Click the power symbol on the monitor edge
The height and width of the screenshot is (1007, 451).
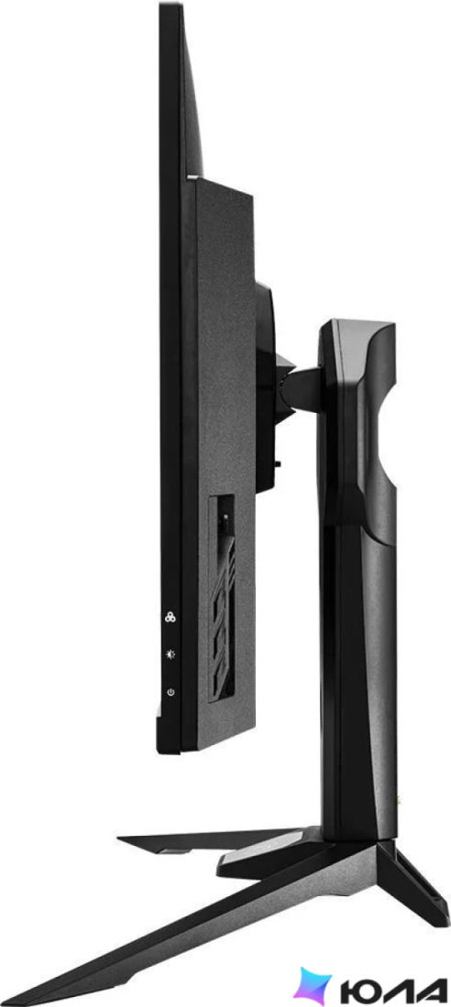pos(170,692)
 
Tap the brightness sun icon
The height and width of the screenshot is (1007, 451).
pos(170,655)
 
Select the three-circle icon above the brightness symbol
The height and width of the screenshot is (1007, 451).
pos(170,616)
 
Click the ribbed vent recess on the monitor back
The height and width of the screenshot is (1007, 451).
pos(221,597)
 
